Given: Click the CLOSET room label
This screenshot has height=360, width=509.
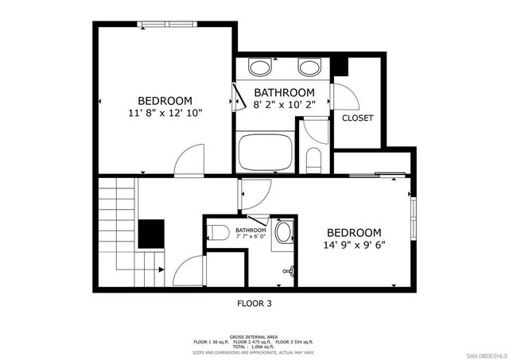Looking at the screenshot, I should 358,118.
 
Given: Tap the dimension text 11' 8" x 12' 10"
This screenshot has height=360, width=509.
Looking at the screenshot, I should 165,114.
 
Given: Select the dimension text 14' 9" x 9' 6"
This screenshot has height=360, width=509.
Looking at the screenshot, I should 356,246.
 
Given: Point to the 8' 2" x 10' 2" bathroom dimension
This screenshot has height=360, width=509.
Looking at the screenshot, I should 284,105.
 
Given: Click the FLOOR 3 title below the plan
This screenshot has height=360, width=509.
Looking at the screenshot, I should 254,303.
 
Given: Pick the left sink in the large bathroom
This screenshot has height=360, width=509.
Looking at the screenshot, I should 259,66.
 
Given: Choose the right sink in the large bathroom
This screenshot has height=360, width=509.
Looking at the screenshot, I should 309,66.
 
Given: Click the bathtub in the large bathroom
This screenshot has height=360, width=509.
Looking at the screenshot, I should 266,153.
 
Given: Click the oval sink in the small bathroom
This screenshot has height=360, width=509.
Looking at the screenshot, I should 283,234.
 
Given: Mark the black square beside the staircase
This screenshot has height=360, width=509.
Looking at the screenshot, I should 151,234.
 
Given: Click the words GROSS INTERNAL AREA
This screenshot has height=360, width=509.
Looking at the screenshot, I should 254,337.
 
